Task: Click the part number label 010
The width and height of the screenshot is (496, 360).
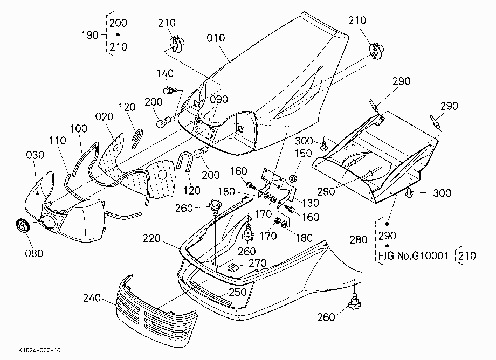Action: tap(216, 38)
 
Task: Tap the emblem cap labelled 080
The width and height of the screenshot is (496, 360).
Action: tap(22, 225)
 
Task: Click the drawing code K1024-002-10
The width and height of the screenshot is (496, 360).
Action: tap(39, 350)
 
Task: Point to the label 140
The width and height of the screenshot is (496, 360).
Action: tap(165, 73)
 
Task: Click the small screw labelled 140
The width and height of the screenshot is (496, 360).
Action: tap(170, 91)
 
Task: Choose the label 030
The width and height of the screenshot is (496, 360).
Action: tap(35, 155)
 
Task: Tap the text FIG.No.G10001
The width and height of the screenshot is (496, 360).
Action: tap(414, 255)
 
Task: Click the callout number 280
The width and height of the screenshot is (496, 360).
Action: tap(358, 240)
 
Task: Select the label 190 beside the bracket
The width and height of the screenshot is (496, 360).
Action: tap(90, 35)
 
